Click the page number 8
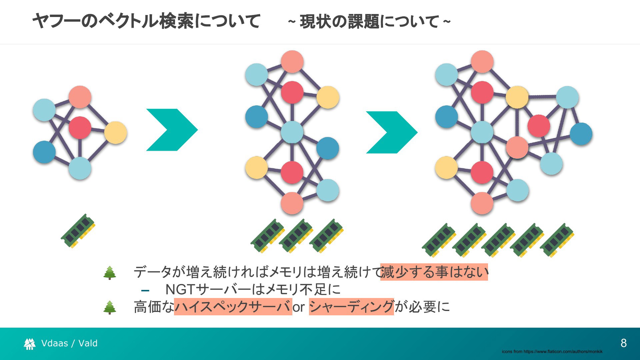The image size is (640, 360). pyautogui.click(x=624, y=343)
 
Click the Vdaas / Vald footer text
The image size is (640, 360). pyautogui.click(x=69, y=343)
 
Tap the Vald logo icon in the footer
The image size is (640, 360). pyautogui.click(x=30, y=344)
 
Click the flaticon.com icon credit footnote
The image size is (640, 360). pyautogui.click(x=552, y=351)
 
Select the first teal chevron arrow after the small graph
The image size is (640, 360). pyautogui.click(x=172, y=130)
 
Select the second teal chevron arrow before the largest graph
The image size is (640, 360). pyautogui.click(x=392, y=132)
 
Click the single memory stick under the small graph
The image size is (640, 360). pyautogui.click(x=78, y=231)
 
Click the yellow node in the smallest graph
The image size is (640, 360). pyautogui.click(x=116, y=133)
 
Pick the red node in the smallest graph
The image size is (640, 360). pyautogui.click(x=80, y=128)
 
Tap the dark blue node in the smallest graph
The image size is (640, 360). pyautogui.click(x=44, y=152)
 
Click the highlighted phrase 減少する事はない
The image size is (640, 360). pyautogui.click(x=434, y=272)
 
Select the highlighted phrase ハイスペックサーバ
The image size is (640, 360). pyautogui.click(x=233, y=307)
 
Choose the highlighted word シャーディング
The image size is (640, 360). pyautogui.click(x=351, y=307)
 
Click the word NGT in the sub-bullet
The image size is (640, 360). pyautogui.click(x=180, y=289)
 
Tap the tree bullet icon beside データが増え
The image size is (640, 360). pyautogui.click(x=110, y=273)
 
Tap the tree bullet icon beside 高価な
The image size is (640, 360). pyautogui.click(x=110, y=307)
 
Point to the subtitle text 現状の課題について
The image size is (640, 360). pyautogui.click(x=369, y=22)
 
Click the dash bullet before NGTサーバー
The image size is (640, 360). pyautogui.click(x=145, y=290)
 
